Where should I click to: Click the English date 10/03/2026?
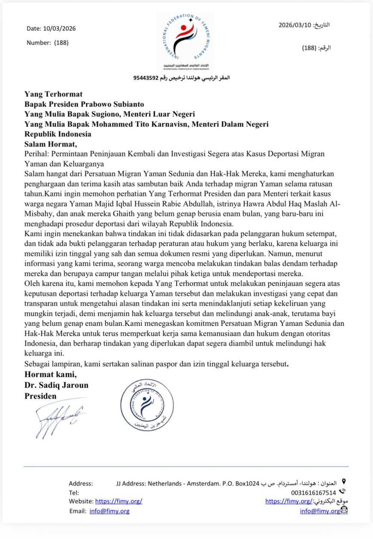point(60,29)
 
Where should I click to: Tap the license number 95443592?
point(146,78)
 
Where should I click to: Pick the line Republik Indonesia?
point(58,134)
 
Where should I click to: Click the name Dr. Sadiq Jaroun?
point(56,385)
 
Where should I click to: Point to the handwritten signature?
point(56,418)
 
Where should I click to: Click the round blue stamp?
point(147,405)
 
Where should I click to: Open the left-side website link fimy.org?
point(118,501)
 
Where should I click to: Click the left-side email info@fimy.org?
point(109,511)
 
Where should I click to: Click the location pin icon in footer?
point(343,482)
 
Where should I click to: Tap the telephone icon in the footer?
point(342,492)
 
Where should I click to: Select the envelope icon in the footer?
point(344,510)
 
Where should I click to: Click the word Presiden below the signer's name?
point(40,396)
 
